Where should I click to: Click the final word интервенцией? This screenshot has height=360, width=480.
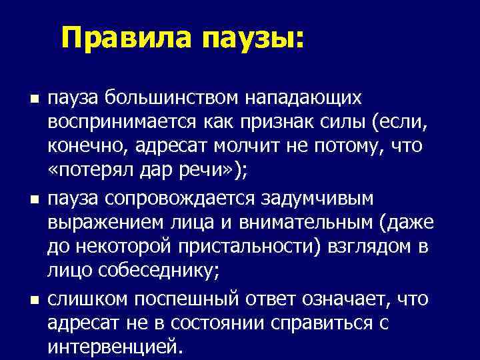pyautogui.click(x=114, y=347)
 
